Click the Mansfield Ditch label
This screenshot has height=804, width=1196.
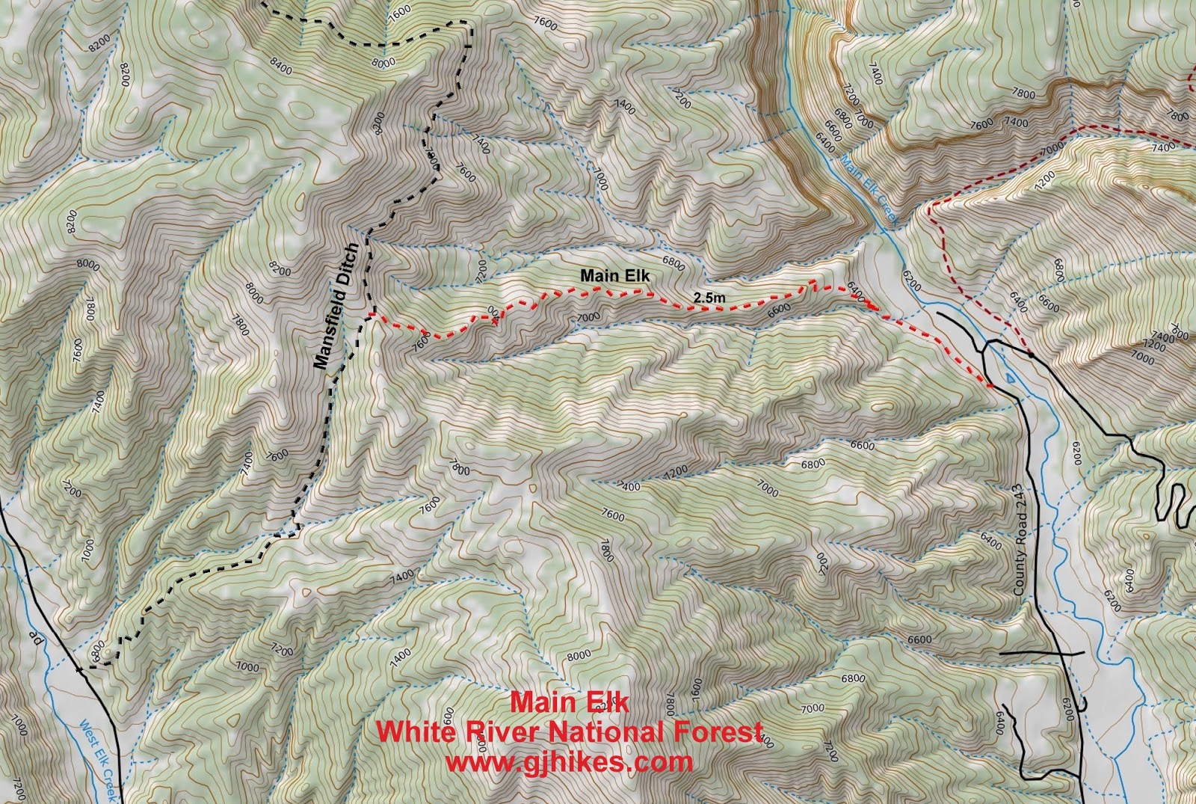(x=337, y=307)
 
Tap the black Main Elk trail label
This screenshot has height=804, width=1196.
(x=615, y=276)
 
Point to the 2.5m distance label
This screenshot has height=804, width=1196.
(x=709, y=298)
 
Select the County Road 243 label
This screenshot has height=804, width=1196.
(x=1022, y=540)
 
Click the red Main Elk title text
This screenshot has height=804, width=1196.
(x=570, y=702)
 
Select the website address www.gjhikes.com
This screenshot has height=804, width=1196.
(x=570, y=761)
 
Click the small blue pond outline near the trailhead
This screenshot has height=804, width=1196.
(x=1011, y=379)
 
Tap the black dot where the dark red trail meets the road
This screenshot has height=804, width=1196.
(x=1032, y=355)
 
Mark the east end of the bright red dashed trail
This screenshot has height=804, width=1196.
(x=990, y=386)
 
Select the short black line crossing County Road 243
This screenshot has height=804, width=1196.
(x=1042, y=654)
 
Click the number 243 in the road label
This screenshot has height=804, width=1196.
(x=1018, y=497)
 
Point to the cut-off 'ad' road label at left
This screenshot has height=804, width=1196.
(x=33, y=637)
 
